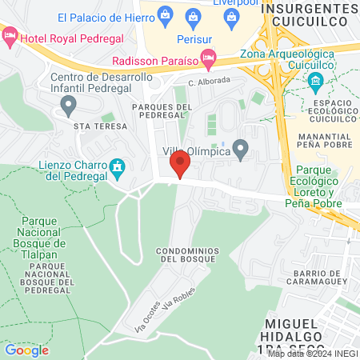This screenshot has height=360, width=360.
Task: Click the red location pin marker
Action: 180,164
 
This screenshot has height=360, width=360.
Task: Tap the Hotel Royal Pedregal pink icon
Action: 10,35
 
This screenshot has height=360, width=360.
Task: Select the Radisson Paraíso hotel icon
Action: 208,57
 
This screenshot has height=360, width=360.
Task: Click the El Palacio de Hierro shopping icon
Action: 165,14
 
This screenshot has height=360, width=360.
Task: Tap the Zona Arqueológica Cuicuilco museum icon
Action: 315,80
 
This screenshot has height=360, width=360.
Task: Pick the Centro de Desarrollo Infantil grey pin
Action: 69,104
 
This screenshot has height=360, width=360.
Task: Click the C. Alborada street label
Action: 209,81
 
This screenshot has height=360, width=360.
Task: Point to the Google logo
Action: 26,350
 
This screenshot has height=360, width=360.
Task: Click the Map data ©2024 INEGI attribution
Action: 312,354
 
